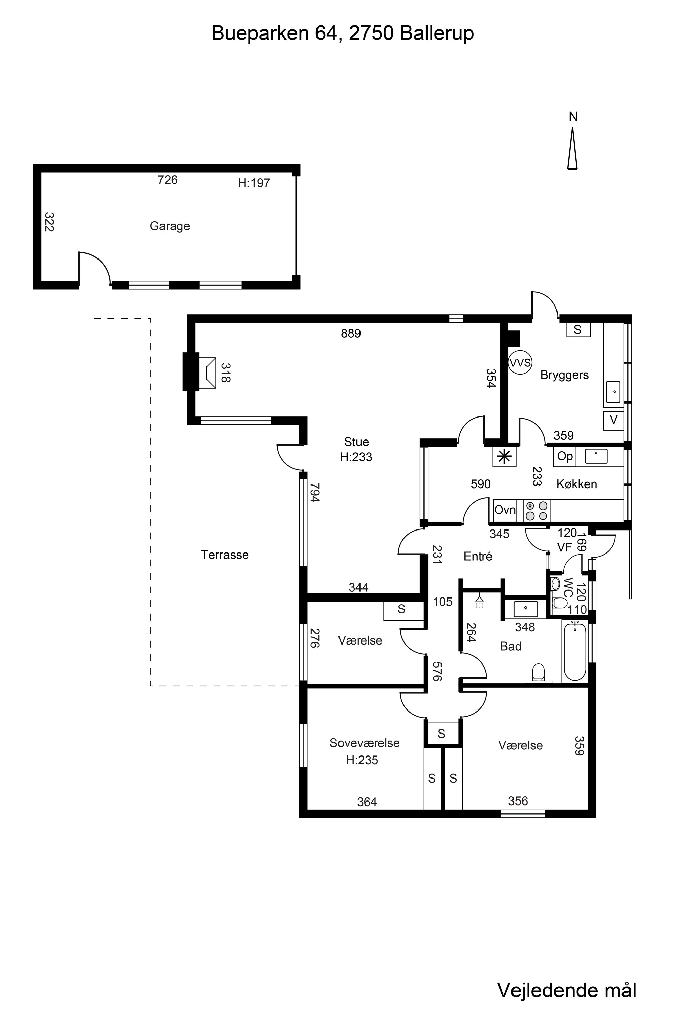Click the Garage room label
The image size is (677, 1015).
170,226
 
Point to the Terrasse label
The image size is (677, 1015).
225,555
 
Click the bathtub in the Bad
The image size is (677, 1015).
575,652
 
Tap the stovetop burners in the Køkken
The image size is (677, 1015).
536,511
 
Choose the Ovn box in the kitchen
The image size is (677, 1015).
504,510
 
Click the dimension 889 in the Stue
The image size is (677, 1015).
351,333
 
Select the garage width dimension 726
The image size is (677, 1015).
168,180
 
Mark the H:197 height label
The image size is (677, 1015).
254,183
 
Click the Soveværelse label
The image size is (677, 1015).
365,743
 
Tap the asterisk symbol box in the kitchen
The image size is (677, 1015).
504,456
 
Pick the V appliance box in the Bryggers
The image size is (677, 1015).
613,420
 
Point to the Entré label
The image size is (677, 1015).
478,556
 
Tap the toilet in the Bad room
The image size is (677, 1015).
539,673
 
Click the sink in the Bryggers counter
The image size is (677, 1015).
613,392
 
